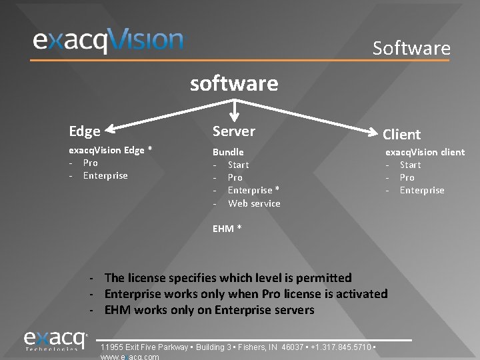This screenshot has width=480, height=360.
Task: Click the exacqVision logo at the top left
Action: (x=108, y=40)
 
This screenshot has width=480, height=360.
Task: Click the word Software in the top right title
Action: (x=411, y=48)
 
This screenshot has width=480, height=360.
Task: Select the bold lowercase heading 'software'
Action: (x=234, y=83)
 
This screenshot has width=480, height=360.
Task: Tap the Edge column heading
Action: (x=85, y=131)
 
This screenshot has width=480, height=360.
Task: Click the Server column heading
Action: (x=233, y=131)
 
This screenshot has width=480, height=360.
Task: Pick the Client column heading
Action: (x=401, y=134)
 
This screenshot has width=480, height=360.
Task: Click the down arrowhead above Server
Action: (x=234, y=115)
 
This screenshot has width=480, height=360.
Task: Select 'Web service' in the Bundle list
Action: (x=254, y=203)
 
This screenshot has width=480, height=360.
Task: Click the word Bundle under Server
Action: (x=228, y=152)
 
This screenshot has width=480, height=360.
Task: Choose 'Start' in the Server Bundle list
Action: (x=238, y=165)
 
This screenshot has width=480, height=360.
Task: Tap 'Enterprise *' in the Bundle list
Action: (x=253, y=190)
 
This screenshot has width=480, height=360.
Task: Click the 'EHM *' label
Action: (x=227, y=229)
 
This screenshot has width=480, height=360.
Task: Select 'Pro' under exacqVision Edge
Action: (x=90, y=163)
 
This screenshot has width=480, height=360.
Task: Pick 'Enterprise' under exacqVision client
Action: (x=421, y=190)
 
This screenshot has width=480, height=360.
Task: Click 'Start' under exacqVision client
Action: (x=410, y=165)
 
